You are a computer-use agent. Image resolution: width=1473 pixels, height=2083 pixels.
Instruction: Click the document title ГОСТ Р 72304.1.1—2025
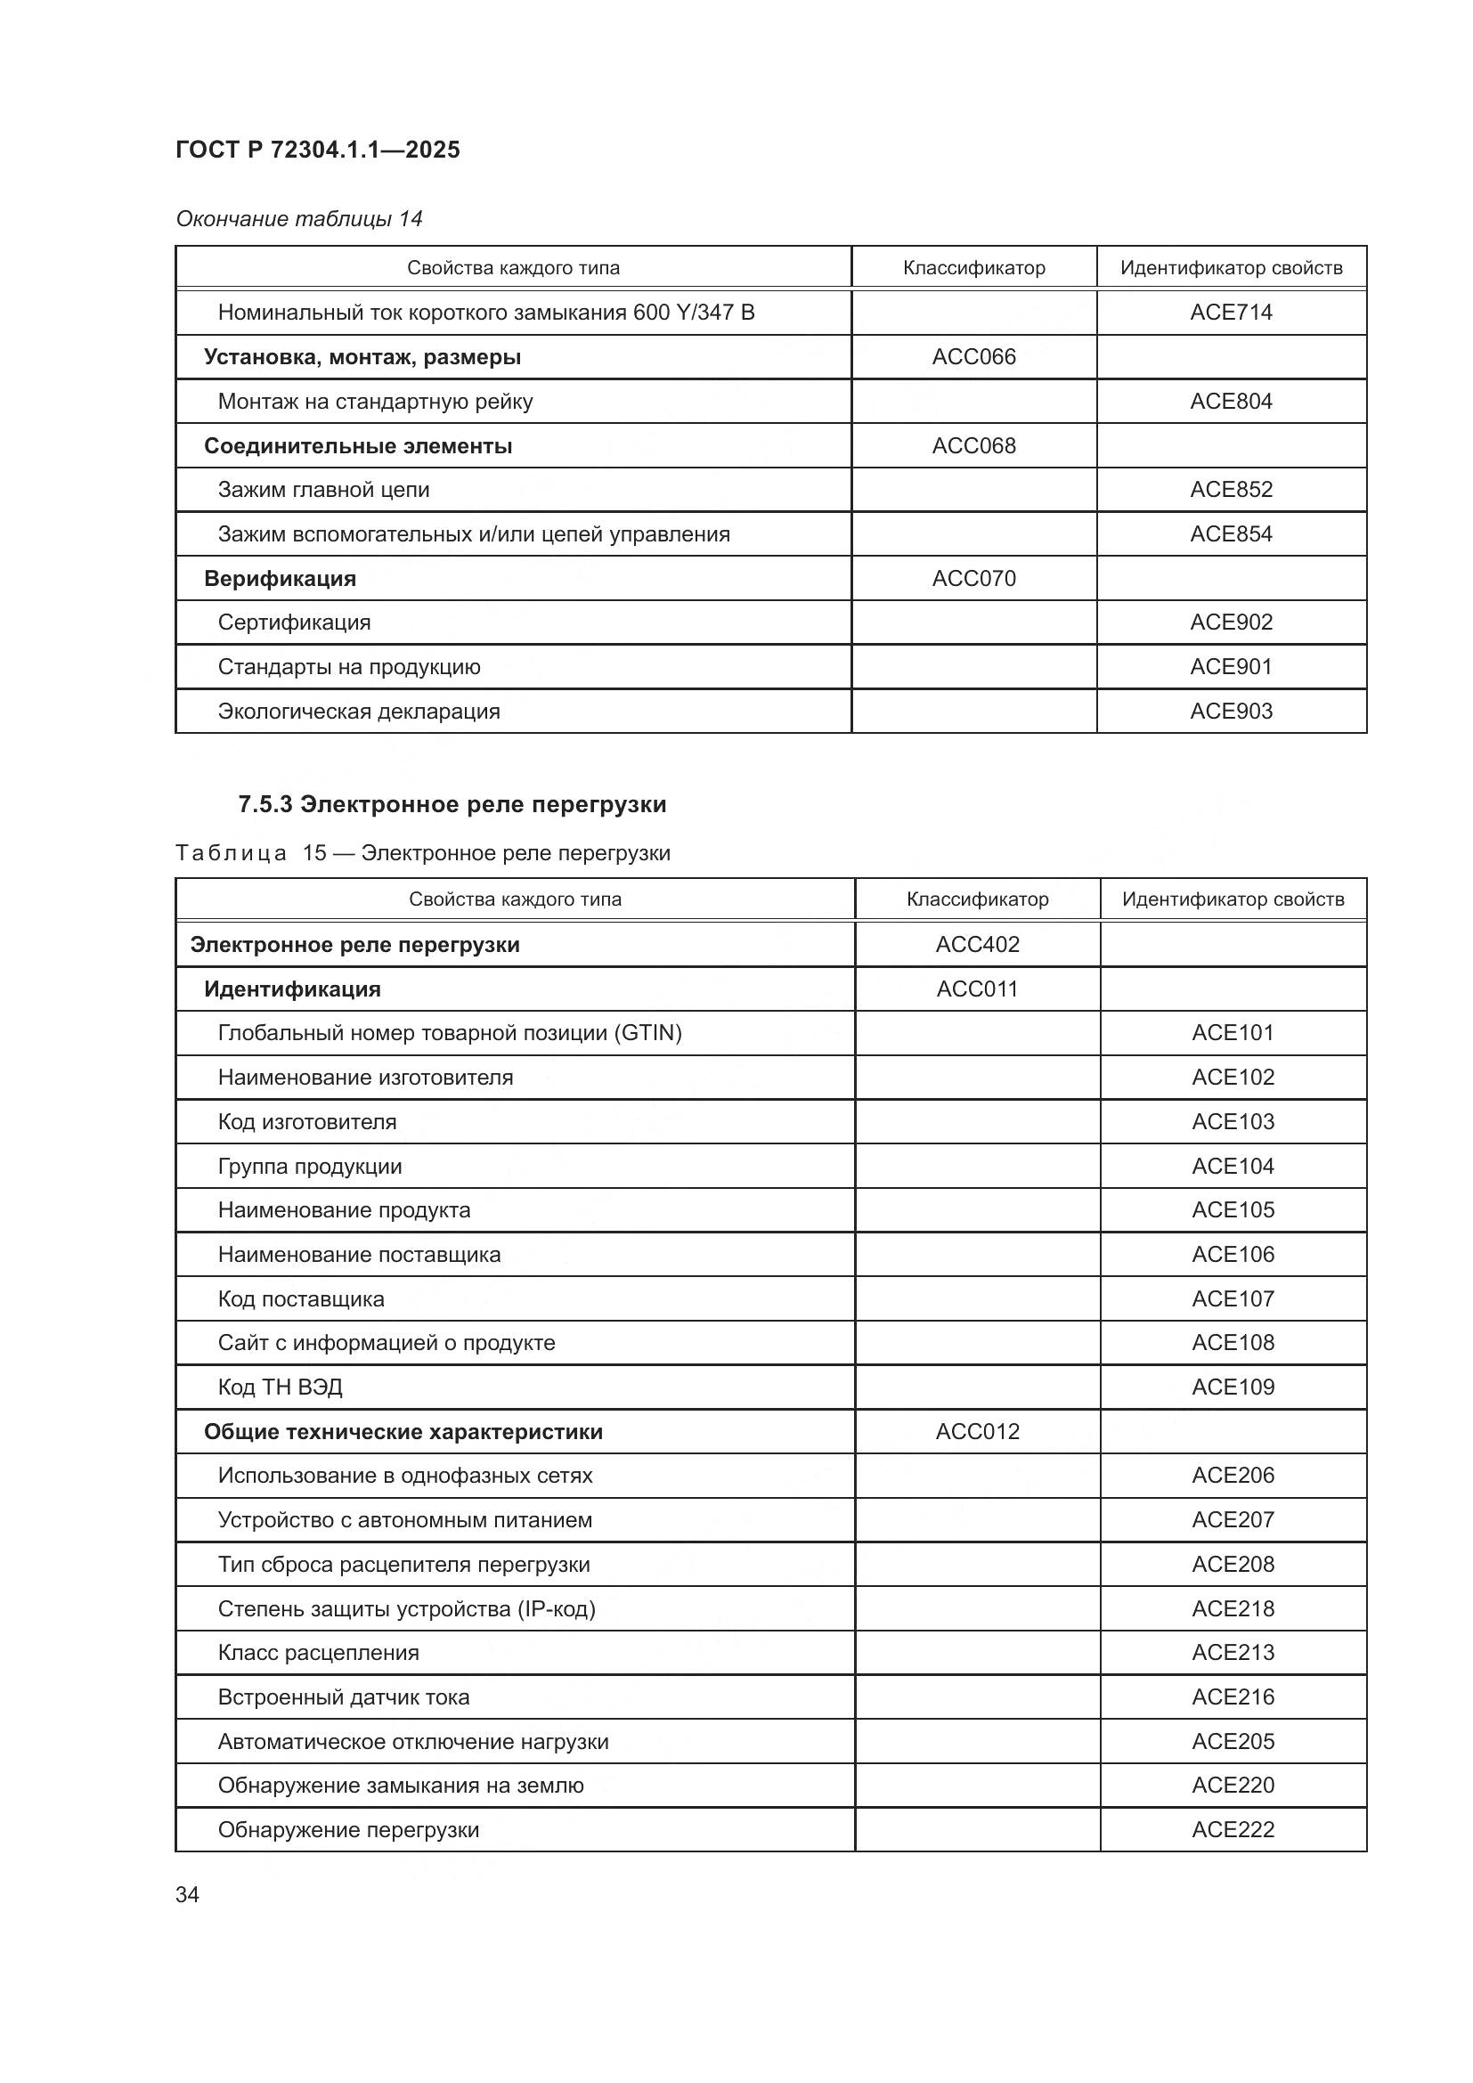(317, 150)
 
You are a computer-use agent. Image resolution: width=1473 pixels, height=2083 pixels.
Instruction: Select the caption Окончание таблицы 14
(299, 219)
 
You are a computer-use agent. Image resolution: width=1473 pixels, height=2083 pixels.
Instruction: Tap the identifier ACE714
(1231, 312)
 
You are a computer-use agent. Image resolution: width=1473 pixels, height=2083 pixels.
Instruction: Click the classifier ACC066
(973, 356)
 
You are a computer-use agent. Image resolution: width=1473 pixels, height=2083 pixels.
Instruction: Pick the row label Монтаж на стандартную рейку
(375, 401)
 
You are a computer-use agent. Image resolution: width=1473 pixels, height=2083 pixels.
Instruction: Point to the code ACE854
(1231, 533)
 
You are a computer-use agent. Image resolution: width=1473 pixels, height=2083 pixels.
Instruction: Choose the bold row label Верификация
(280, 578)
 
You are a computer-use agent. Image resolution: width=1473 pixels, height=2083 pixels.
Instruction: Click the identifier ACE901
(1231, 667)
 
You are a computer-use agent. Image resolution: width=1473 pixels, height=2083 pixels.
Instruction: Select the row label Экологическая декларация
(358, 712)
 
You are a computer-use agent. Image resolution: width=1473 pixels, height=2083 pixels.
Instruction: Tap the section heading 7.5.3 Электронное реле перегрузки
(452, 805)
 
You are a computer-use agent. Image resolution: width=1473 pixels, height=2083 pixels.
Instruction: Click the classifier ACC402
(977, 944)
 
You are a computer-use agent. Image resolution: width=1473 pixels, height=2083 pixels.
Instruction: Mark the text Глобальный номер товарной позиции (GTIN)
(449, 1032)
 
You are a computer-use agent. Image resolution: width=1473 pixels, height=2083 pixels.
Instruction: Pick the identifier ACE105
(1233, 1209)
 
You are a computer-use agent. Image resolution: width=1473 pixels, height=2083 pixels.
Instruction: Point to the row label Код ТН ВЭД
(280, 1387)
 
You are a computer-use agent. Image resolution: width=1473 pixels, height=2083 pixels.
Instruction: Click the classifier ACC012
(977, 1431)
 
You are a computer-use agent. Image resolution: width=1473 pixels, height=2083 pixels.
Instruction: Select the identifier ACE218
(1233, 1608)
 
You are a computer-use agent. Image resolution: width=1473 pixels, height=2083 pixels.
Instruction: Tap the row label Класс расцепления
(318, 1652)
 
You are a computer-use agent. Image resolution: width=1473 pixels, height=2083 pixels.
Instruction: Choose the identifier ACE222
(1233, 1830)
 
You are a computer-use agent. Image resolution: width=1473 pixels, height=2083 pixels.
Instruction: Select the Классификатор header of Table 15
(977, 899)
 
